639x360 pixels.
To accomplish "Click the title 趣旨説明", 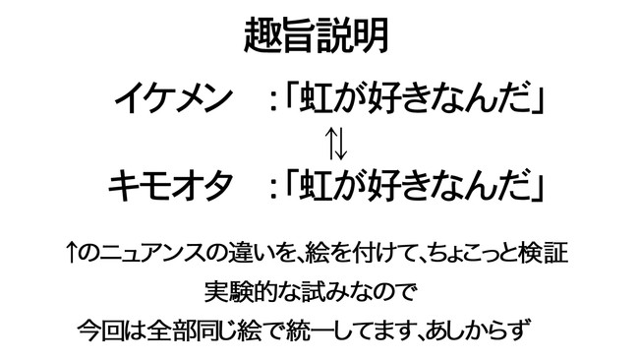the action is click(317, 36).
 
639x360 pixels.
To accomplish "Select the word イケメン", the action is click(172, 99).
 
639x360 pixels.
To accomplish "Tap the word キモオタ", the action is click(172, 183).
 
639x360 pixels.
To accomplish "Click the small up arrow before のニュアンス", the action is click(71, 255).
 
